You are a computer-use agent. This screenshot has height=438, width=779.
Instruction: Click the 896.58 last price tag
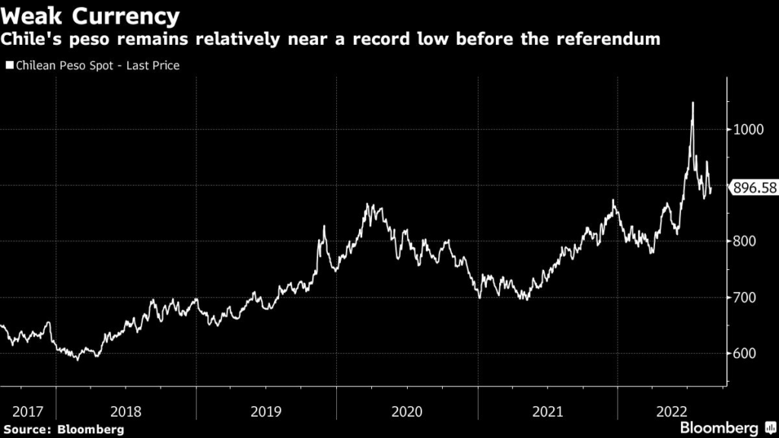pos(753,187)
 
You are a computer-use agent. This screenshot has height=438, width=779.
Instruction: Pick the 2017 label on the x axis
pos(27,411)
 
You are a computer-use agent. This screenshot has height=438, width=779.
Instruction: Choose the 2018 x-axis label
pos(126,411)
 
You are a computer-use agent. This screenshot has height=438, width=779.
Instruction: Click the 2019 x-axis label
pos(266,411)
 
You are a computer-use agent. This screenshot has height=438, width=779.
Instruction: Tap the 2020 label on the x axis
pos(407,411)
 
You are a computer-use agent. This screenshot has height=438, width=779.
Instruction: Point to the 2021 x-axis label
pos(548,411)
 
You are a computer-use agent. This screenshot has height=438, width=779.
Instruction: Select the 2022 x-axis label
pos(672,411)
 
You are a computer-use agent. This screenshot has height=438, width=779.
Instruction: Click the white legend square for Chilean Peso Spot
pos(9,66)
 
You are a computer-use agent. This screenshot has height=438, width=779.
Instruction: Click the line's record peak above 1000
pos(692,103)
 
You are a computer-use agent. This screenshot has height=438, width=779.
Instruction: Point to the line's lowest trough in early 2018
pos(77,359)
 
